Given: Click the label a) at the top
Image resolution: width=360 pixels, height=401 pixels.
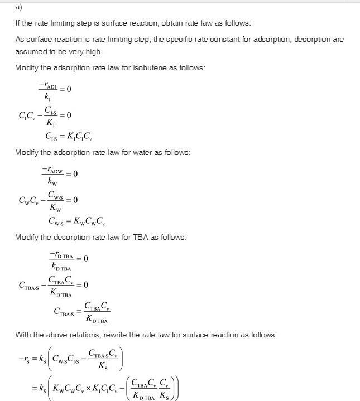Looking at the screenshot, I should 18,7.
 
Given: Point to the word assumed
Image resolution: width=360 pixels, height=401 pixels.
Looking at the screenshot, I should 31,51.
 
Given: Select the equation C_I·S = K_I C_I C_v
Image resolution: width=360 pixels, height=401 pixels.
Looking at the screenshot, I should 69,136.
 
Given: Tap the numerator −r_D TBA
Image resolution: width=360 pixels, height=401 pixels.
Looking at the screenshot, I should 62,254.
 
